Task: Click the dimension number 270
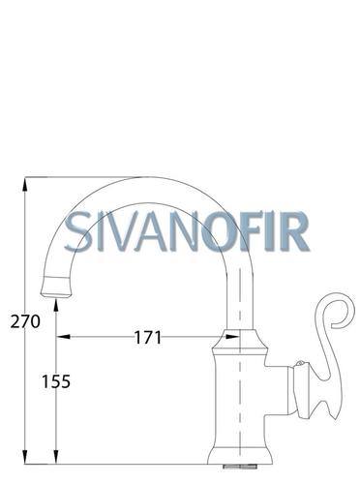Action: coord(25,321)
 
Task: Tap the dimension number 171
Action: coord(147,338)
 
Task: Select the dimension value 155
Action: coord(56,381)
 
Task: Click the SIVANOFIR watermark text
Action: coord(187,231)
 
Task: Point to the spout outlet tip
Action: coord(56,294)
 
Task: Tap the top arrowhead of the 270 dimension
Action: coord(25,184)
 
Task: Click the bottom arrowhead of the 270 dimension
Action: coord(25,457)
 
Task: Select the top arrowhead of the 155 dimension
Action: coord(56,306)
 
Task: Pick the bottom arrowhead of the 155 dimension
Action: coord(56,457)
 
